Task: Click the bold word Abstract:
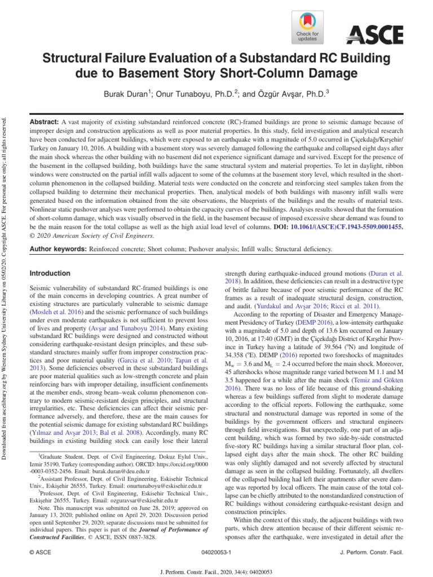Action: coord(43,122)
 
